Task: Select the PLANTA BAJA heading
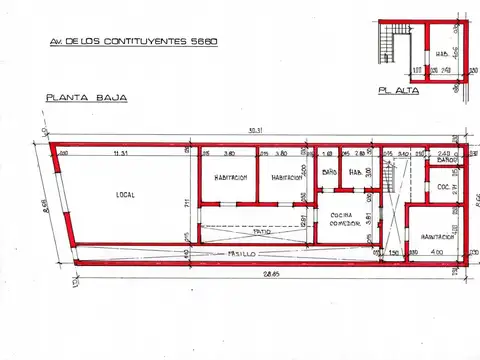coord(79,97)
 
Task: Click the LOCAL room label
coord(124,194)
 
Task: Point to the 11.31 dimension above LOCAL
coord(122,153)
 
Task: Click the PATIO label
coord(262,231)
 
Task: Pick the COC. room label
coord(441,187)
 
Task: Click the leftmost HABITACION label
coord(229,178)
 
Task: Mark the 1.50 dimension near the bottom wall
coord(394,253)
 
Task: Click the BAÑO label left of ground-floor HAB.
coord(329,171)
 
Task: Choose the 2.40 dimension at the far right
coord(446,153)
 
